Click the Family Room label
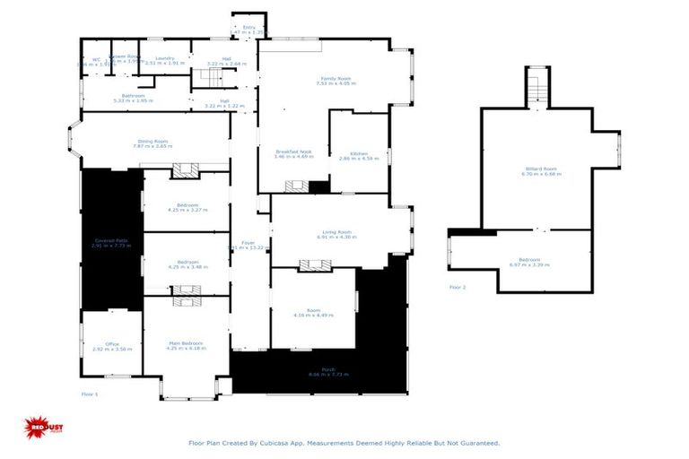pyautogui.click(x=336, y=77)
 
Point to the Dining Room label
pyautogui.click(x=153, y=141)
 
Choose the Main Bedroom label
pyautogui.click(x=186, y=342)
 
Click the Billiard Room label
pyautogui.click(x=541, y=168)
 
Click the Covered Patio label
pyautogui.click(x=112, y=239)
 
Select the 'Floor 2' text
pyautogui.click(x=458, y=287)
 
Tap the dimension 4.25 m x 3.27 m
pyautogui.click(x=187, y=210)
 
